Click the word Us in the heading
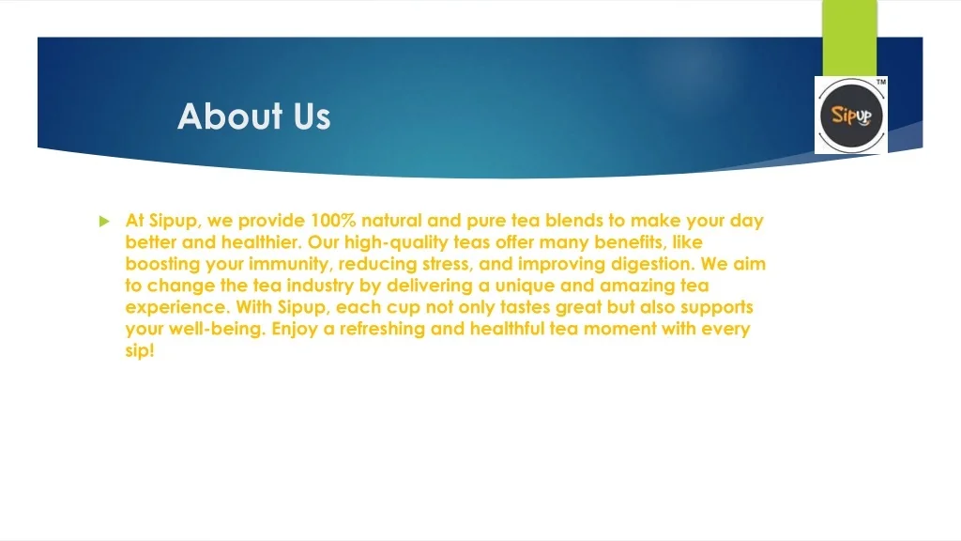coord(311,116)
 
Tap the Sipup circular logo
coord(851,116)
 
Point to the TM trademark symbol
coord(880,83)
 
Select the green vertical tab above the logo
coord(849,38)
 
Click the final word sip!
coord(139,351)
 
